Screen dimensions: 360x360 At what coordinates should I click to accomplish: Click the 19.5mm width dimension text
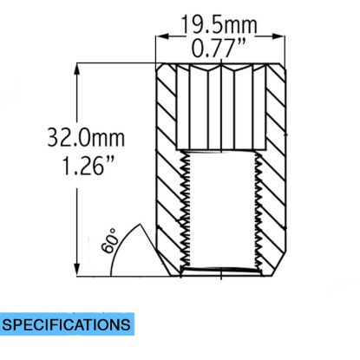tap(219, 25)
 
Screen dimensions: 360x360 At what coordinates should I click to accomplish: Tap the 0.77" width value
tap(219, 48)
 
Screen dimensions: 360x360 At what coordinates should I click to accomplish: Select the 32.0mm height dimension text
tap(86, 137)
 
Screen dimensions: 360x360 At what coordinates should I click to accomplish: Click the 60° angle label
tap(110, 240)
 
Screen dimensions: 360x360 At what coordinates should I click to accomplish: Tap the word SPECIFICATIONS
tap(66, 324)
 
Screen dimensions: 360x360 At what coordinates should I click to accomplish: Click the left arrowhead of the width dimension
tap(162, 36)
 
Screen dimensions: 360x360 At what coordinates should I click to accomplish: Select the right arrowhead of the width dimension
tap(278, 36)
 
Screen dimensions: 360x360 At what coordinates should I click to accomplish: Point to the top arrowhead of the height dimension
tap(77, 69)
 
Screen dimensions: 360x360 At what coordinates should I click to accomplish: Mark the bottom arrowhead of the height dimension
tap(77, 270)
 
